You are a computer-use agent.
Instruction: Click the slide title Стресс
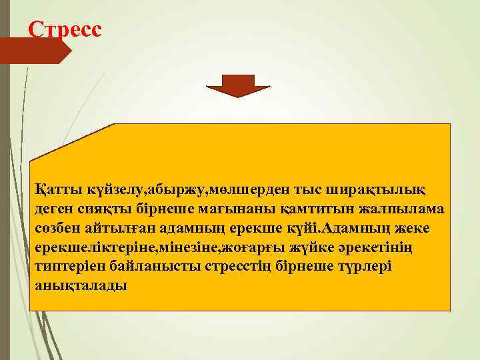click(x=65, y=29)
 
